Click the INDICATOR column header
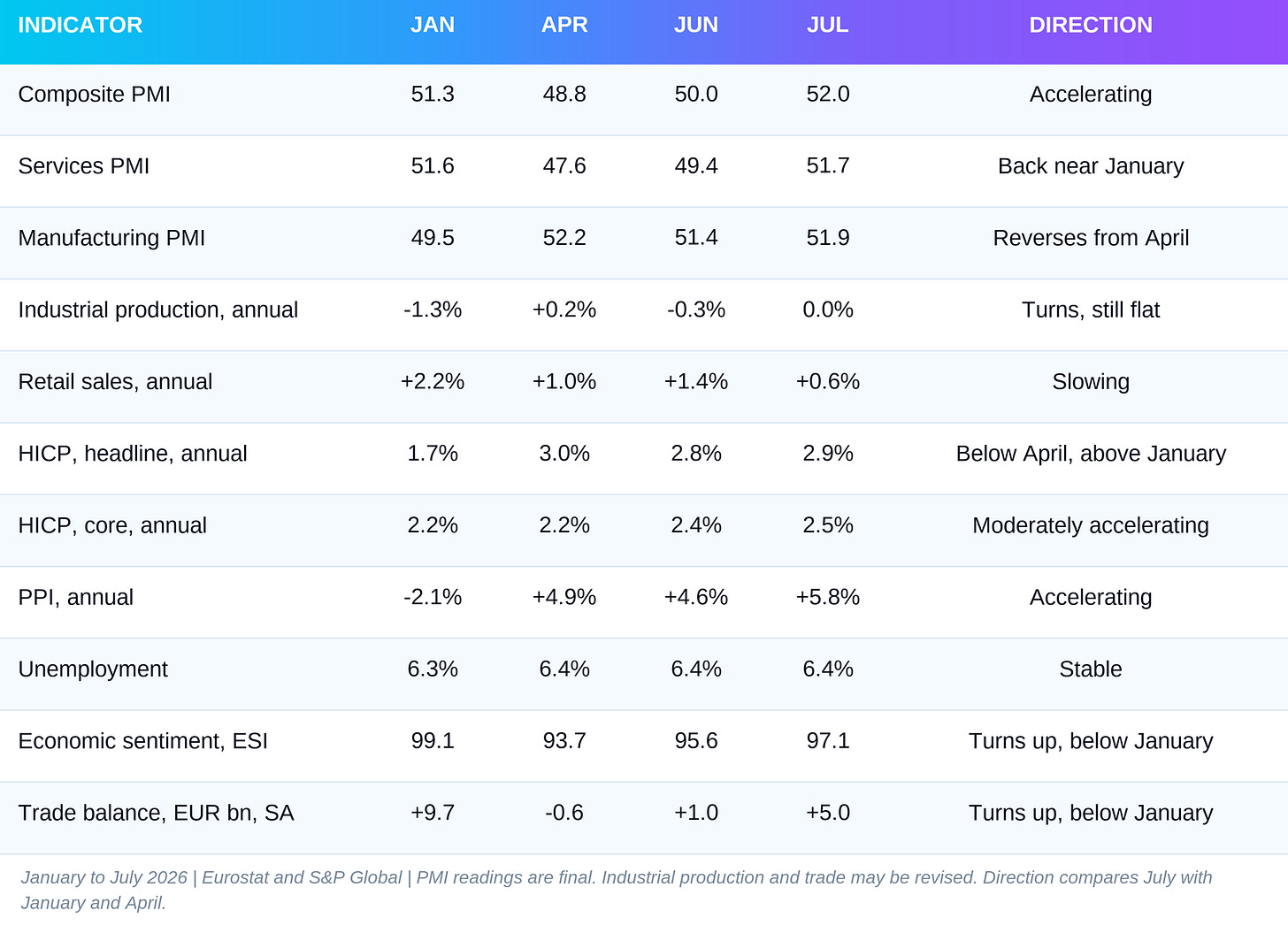80,26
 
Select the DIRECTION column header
1090,26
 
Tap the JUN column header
695,26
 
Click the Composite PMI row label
95,95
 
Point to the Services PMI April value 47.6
564,166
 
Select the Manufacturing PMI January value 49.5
433,238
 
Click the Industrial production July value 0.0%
827,310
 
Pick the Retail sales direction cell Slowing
1090,382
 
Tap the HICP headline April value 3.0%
564,454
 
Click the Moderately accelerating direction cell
1090,525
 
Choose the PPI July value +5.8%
827,597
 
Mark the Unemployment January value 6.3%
433,669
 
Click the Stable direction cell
1090,669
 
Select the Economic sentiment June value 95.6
695,741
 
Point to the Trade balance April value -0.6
564,813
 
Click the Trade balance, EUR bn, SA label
156,814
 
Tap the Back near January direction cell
1090,166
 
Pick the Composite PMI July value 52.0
827,95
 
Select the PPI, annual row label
76,598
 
